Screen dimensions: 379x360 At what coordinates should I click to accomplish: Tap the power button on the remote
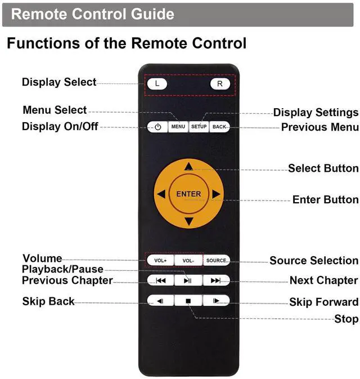158,127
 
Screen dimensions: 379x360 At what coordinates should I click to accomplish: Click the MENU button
178,127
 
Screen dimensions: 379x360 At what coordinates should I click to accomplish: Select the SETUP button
199,127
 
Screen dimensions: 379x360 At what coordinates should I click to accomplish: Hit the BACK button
219,127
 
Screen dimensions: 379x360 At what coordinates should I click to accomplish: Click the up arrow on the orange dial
188,166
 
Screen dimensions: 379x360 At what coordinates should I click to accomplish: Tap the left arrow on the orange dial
161,194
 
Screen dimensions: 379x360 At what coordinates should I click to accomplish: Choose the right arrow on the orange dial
216,194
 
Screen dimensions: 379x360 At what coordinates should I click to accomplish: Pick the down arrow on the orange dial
188,221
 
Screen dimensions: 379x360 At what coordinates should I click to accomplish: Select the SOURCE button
216,260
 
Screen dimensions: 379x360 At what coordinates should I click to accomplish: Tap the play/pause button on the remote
188,280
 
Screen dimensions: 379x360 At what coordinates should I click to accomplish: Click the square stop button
188,301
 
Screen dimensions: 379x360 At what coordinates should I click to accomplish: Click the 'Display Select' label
59,82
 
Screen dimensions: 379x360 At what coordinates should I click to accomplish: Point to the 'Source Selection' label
313,260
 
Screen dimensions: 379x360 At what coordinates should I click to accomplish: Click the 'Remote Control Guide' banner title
92,14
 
